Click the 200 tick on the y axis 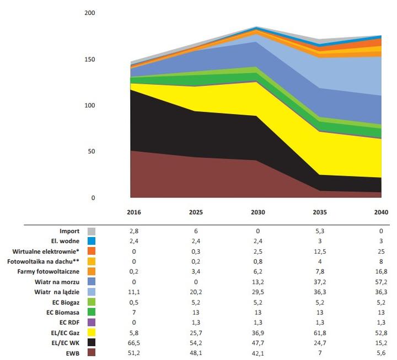(90, 13)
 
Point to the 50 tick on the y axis (92, 151)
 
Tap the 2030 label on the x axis (258, 212)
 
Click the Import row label (69, 231)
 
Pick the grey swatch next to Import (92, 231)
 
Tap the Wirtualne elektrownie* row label (49, 251)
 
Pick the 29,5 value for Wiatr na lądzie (258, 292)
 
